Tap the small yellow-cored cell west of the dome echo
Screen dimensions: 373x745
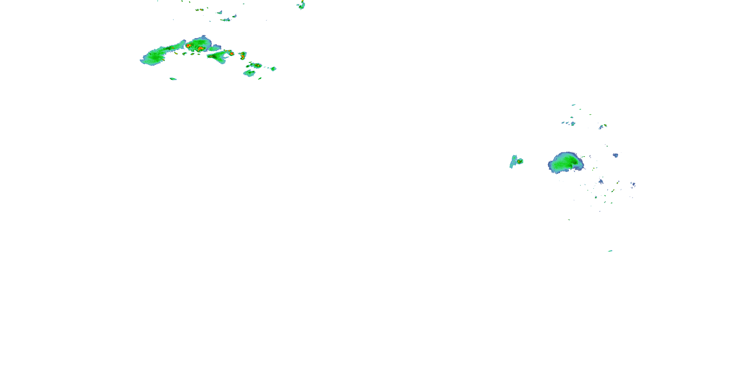(x=520, y=161)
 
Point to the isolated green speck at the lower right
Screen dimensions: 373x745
(x=610, y=251)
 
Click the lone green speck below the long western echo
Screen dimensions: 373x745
(x=173, y=79)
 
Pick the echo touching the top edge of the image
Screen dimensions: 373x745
(x=302, y=5)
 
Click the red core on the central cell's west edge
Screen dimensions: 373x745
(x=188, y=46)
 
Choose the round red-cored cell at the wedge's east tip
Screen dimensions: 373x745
(x=232, y=53)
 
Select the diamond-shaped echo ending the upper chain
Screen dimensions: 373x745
(x=273, y=69)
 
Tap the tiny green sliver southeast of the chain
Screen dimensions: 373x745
(x=260, y=78)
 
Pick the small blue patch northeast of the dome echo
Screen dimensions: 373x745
(x=615, y=155)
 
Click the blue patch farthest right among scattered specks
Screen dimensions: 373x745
(x=633, y=185)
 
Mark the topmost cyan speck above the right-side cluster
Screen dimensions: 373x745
(x=573, y=105)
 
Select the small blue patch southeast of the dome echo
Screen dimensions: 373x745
(x=601, y=182)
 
